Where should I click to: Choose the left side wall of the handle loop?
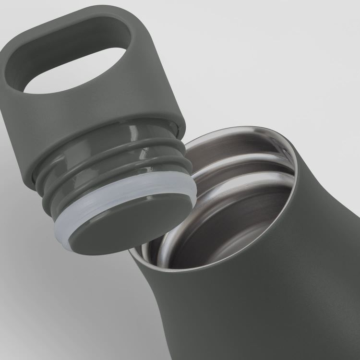(x=19, y=82)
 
